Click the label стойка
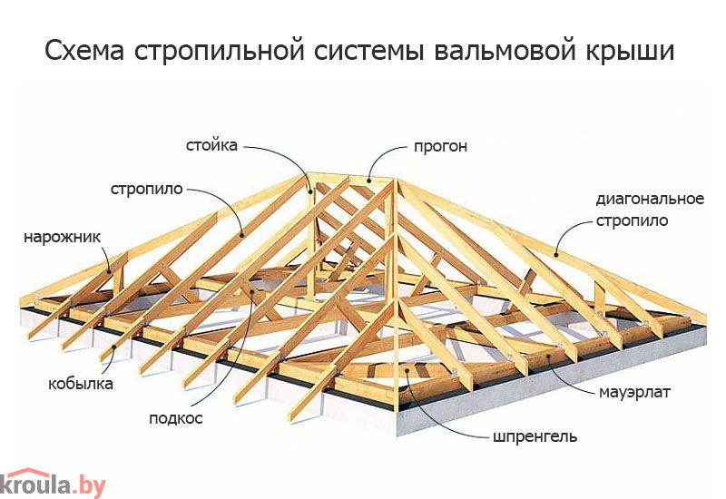(x=211, y=146)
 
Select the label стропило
(x=147, y=190)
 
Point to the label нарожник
(x=62, y=238)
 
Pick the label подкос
(x=176, y=418)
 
